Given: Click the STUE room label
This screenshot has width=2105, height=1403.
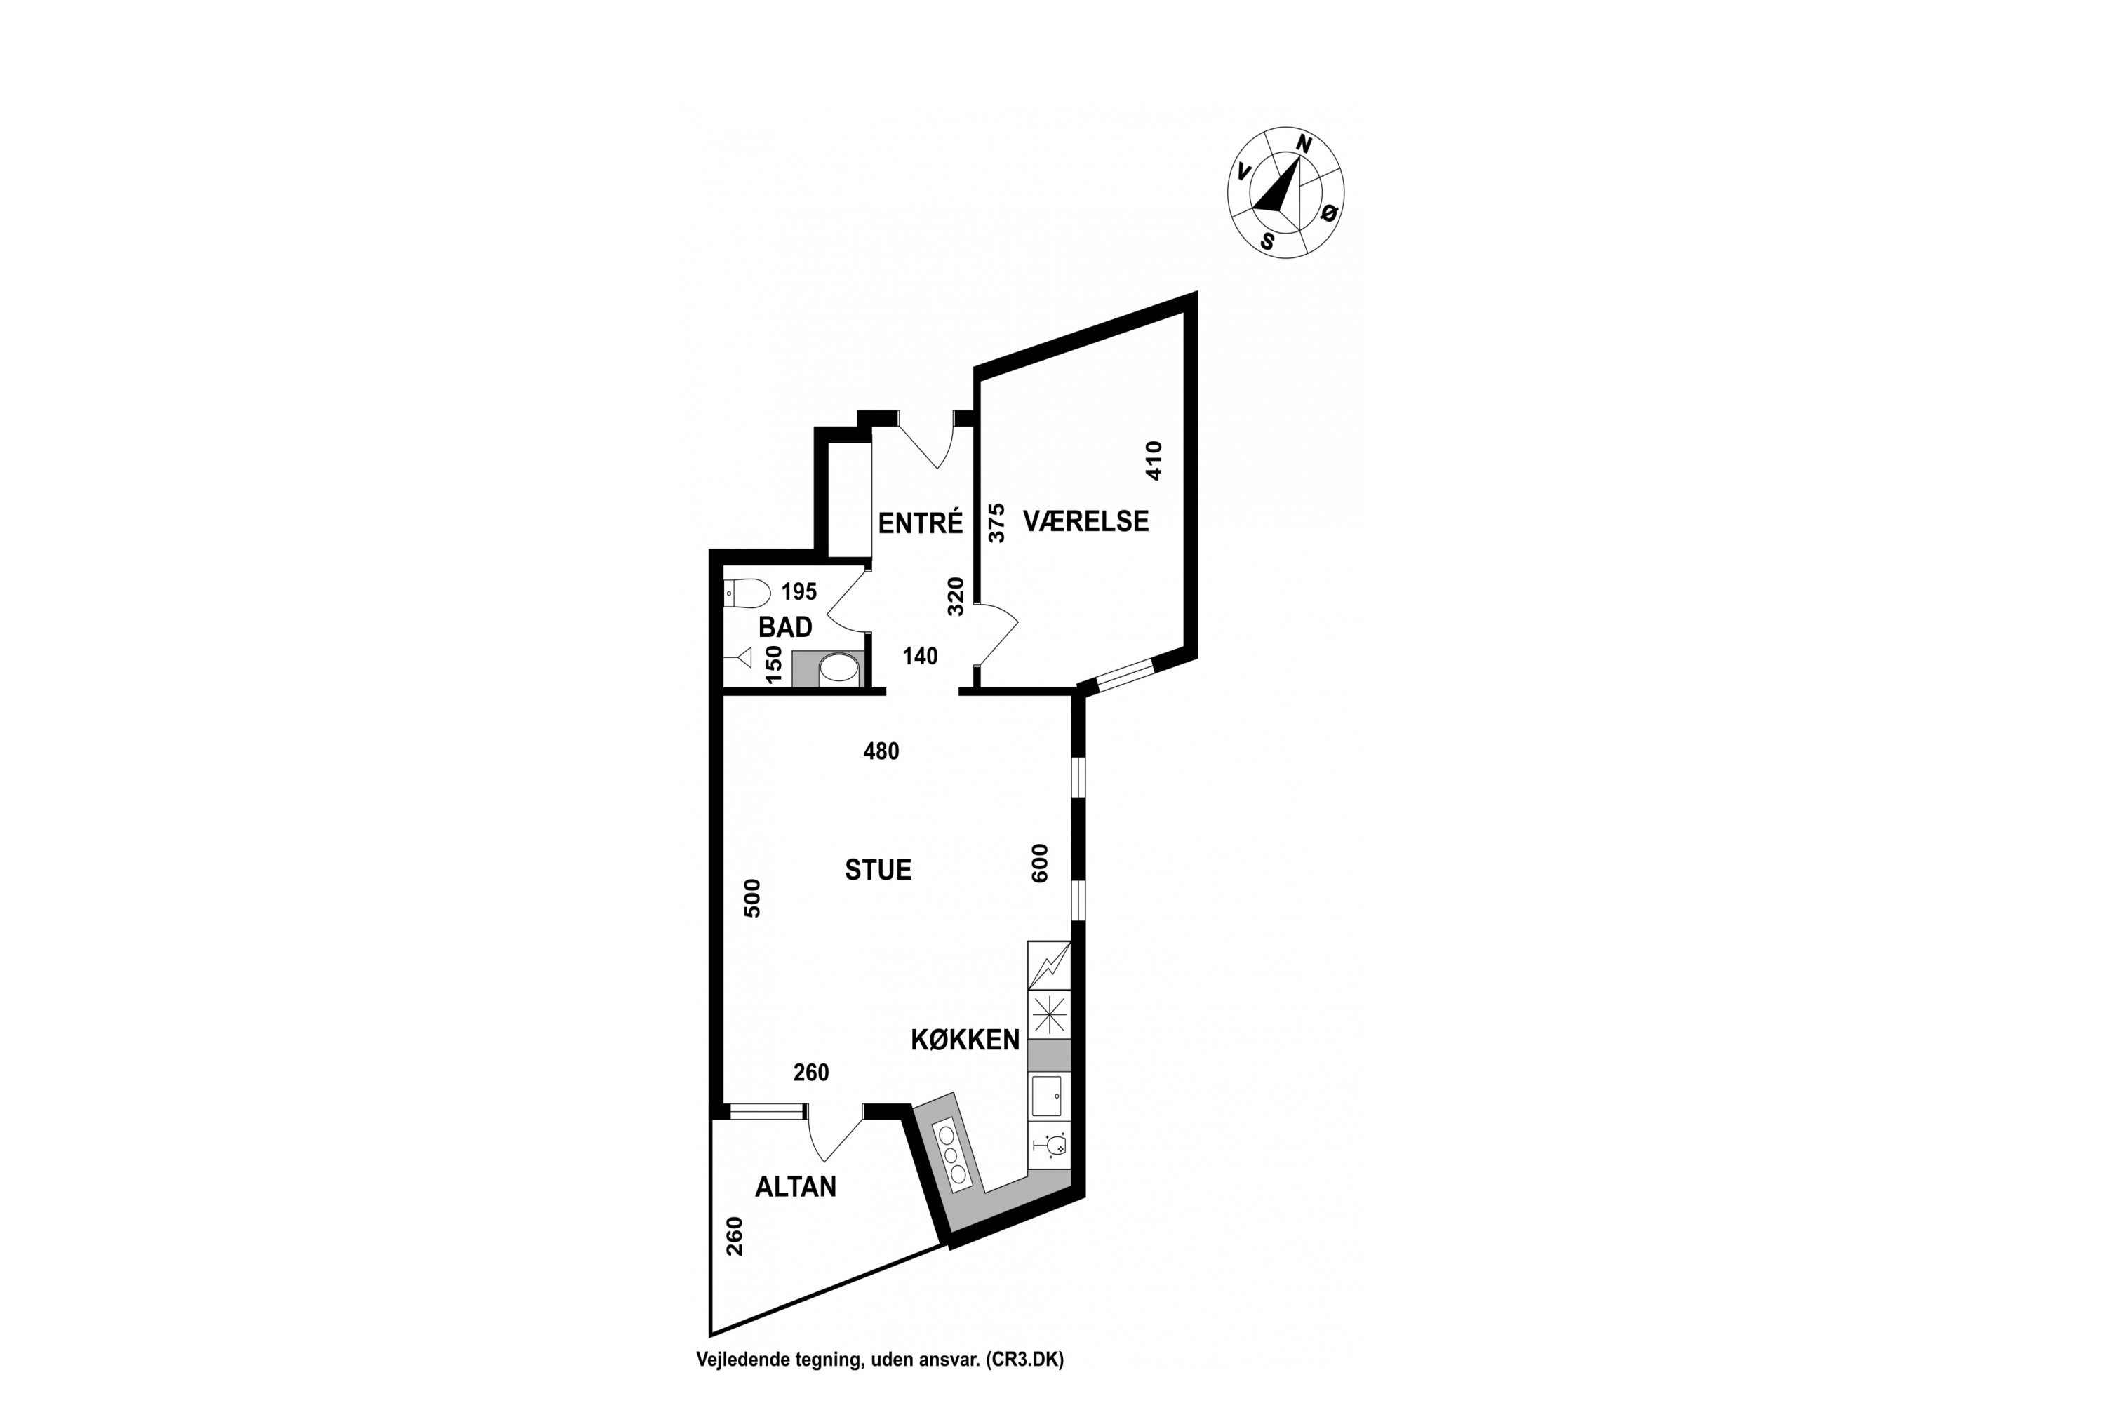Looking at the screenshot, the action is point(878,870).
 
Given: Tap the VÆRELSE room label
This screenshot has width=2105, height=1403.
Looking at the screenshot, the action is point(1085,521).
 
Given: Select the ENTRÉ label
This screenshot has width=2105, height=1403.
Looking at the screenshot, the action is point(920,523).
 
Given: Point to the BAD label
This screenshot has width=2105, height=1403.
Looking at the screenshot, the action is point(785,627).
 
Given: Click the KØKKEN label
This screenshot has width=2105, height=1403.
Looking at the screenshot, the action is point(965,1040).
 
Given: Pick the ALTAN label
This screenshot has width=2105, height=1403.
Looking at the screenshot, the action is point(796,1186).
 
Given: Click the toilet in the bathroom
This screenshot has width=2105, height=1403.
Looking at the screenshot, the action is point(747,593).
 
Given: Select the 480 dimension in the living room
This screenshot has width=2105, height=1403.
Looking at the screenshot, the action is point(881,751).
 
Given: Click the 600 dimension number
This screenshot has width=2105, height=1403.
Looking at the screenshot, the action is point(1039,864).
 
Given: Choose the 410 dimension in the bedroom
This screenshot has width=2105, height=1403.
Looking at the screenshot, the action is point(1154,461).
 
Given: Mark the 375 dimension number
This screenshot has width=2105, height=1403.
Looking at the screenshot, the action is point(996,523).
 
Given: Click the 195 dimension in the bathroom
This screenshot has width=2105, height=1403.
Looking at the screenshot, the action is point(799,591).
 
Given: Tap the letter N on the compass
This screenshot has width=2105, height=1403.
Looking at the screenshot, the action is point(1304,144).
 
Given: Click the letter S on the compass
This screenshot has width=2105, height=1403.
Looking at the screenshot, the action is point(1267,241).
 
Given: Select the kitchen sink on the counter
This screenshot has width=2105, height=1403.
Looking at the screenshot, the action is point(1047,1096).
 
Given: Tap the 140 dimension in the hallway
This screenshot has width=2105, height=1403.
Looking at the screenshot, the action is point(920,657).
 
